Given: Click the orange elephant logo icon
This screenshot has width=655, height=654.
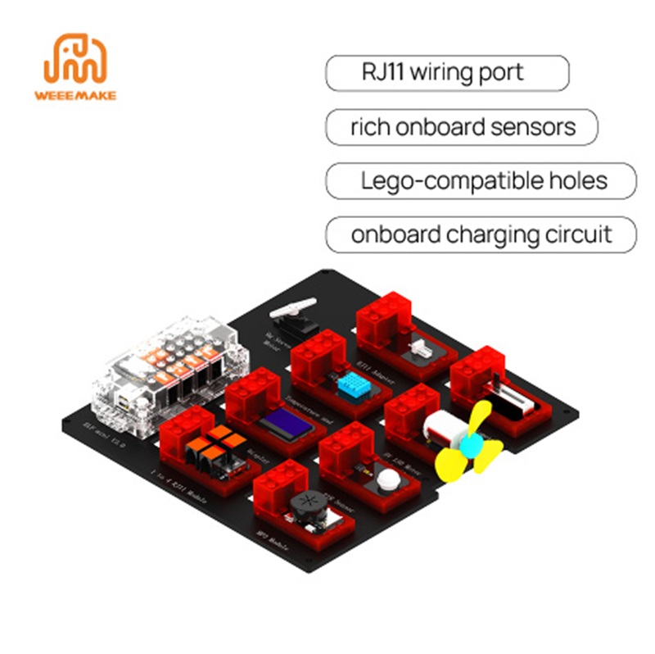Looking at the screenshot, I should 75,59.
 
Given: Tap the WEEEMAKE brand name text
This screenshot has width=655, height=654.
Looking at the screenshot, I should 75,95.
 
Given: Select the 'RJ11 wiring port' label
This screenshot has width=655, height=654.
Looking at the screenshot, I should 447,72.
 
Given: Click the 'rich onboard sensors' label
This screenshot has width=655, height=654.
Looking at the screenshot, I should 462,127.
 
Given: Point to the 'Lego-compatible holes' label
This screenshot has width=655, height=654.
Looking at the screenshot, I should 481,180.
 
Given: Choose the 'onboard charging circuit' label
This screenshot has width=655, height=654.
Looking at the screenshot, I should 481,234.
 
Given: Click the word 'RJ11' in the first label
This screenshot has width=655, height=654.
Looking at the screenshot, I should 384,72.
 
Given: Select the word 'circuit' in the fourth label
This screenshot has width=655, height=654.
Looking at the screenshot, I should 578,234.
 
